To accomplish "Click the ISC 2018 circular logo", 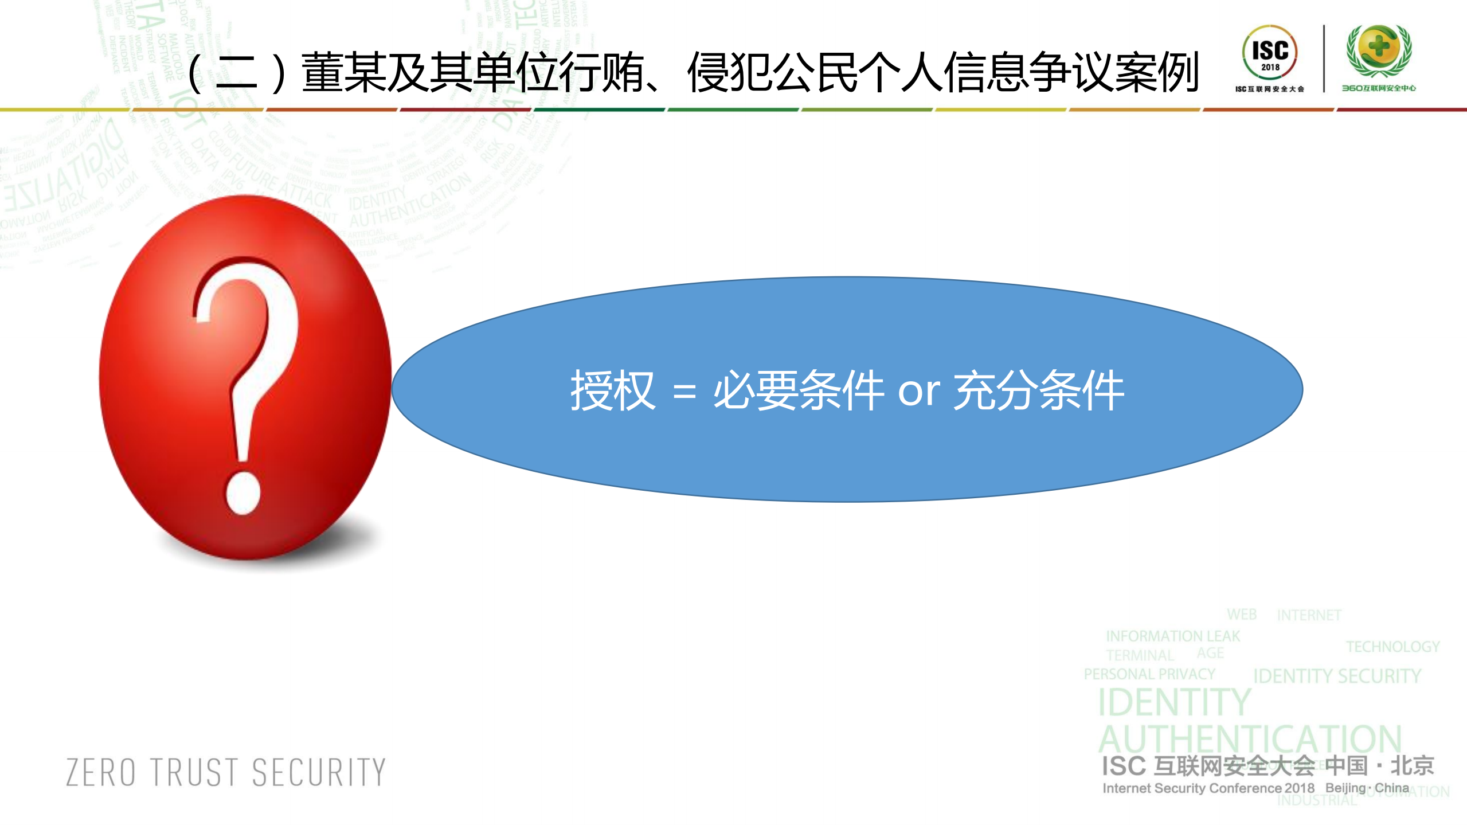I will (1270, 53).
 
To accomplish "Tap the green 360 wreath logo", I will (1379, 50).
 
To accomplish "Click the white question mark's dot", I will (243, 492).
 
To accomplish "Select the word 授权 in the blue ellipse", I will (612, 391).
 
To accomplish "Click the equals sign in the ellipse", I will (684, 393).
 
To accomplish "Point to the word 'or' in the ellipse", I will (918, 393).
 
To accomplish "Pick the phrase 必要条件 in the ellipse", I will (798, 391).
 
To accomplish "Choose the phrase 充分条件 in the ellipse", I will (1038, 391).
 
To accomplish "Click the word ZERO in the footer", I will (101, 772).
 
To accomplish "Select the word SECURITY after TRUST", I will (319, 772).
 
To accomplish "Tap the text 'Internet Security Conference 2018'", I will (1208, 788).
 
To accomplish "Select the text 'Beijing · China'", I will (1367, 788).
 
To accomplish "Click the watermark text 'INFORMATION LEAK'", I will (1172, 636).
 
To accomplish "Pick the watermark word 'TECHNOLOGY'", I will (1392, 647).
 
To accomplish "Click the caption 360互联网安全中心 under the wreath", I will (1378, 88).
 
